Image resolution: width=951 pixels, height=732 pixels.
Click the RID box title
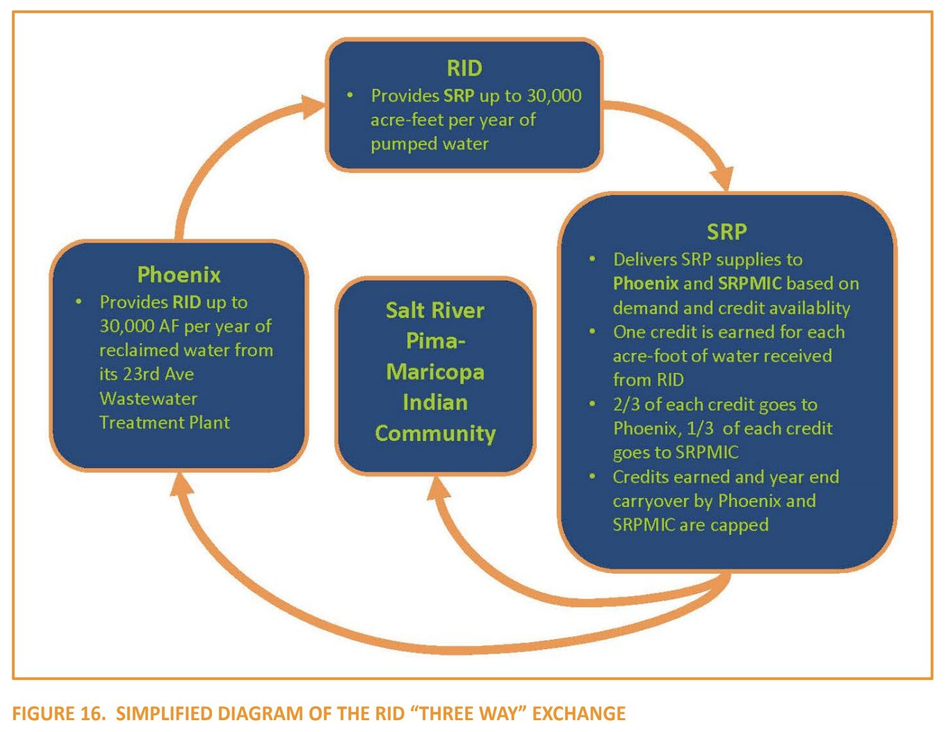464,68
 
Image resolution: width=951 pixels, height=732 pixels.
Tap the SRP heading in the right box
726,231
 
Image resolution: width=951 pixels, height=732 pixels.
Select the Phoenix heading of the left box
179,274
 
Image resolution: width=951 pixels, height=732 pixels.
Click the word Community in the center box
435,433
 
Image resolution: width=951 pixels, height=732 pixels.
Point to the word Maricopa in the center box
435,372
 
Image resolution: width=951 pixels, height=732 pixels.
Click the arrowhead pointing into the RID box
312,106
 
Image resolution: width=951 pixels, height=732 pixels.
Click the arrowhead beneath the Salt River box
437,488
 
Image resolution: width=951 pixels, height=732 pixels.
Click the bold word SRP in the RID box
459,96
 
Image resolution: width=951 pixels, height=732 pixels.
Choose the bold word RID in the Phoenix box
187,302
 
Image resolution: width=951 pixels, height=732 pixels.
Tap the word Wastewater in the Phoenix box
148,399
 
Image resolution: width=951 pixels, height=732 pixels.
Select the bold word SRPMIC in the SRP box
749,283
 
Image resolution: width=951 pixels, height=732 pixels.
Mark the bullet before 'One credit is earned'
592,331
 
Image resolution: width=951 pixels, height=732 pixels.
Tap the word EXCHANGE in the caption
578,713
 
